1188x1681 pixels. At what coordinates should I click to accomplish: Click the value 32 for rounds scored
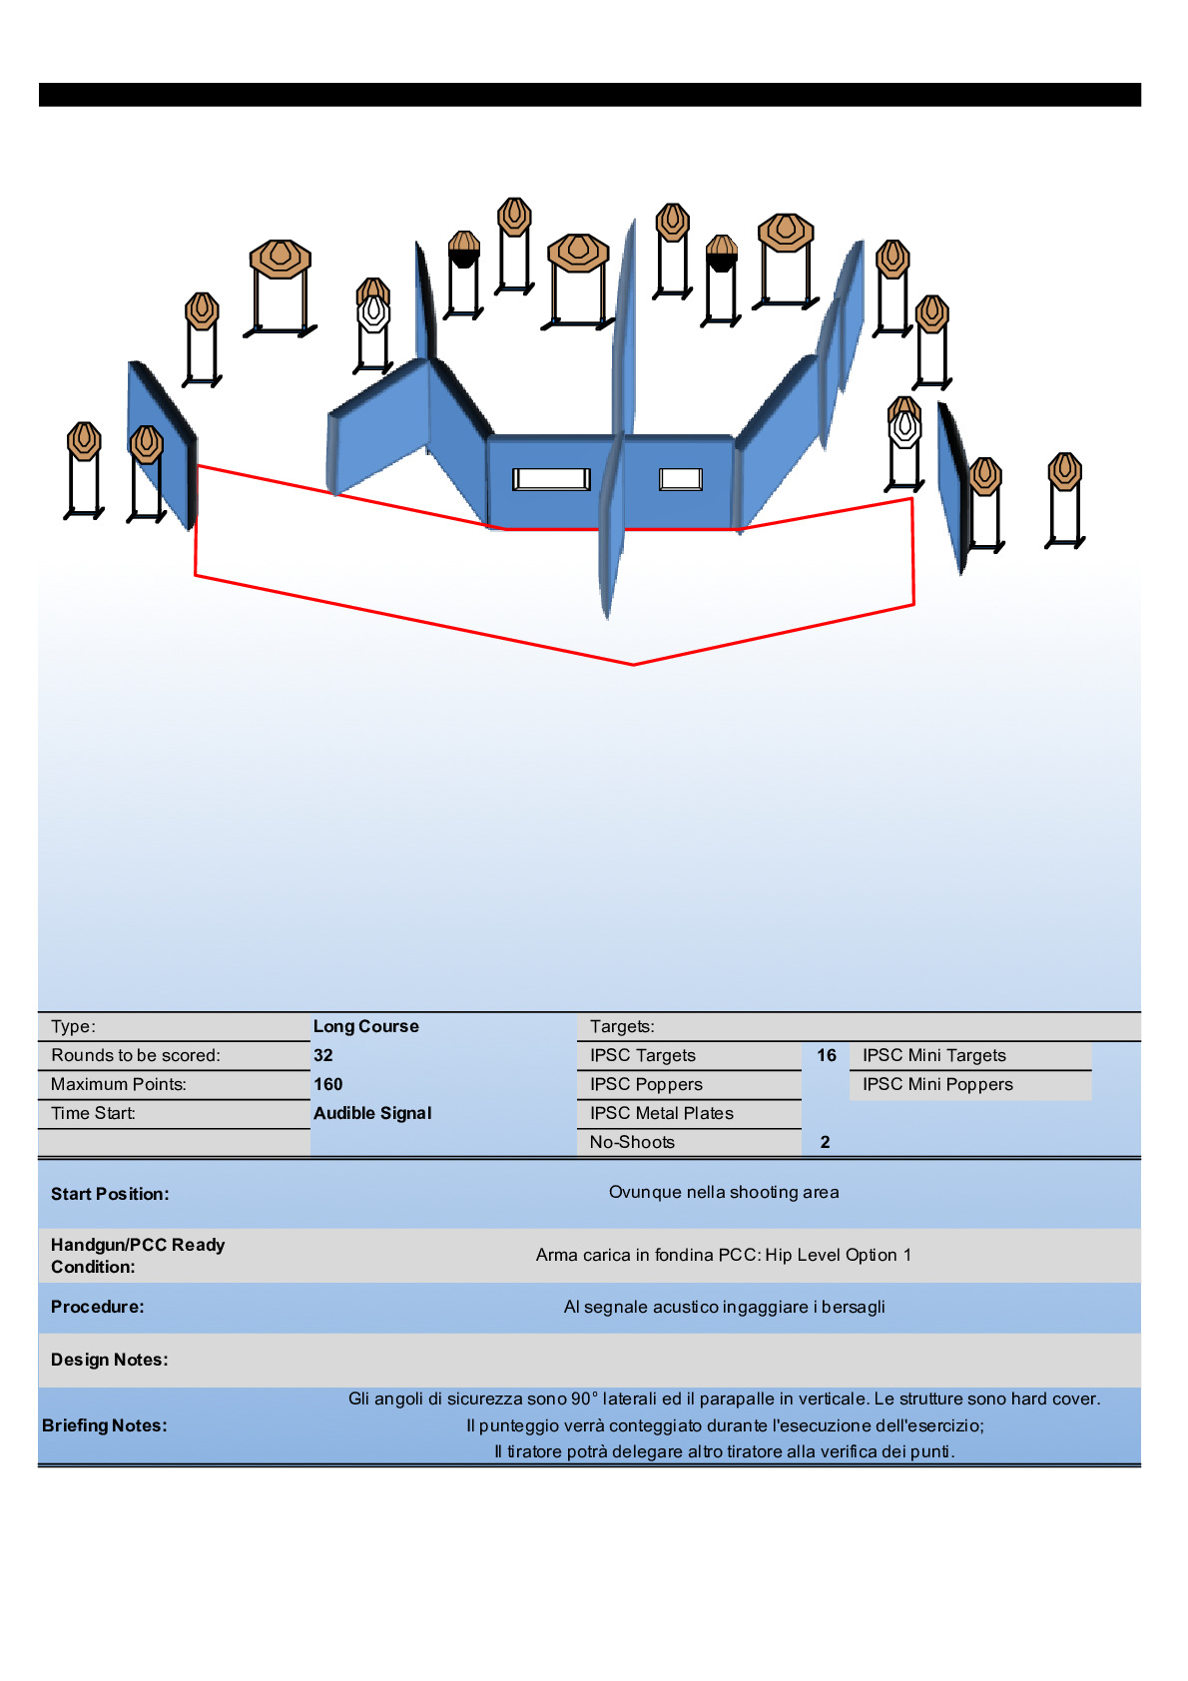pos(323,1055)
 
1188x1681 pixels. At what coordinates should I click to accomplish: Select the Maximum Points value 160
pos(328,1084)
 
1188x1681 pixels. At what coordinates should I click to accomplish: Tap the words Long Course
pos(366,1026)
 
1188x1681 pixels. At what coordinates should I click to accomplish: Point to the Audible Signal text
pos(372,1113)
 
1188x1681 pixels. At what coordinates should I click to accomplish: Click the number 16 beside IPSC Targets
pos(827,1055)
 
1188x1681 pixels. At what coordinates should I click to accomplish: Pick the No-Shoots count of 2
pos(825,1142)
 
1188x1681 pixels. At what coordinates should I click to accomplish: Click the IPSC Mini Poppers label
pos(937,1084)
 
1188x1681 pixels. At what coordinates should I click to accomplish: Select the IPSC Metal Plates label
pos(661,1113)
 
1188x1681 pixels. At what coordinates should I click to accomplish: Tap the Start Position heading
pos(110,1194)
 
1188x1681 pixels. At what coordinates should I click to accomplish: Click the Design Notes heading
pos(110,1360)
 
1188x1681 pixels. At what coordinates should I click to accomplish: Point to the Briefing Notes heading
pos(105,1425)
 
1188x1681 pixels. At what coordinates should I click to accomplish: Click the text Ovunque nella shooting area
pos(724,1192)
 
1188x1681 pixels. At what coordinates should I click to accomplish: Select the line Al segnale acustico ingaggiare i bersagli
pos(724,1307)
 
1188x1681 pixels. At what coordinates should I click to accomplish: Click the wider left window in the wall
pos(551,479)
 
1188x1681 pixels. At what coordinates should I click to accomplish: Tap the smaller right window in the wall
pos(681,479)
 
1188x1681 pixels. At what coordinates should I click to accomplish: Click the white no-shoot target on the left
pos(373,312)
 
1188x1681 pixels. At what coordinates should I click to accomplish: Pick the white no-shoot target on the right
pos(904,428)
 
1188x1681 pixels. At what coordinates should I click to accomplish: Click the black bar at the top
pos(589,95)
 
